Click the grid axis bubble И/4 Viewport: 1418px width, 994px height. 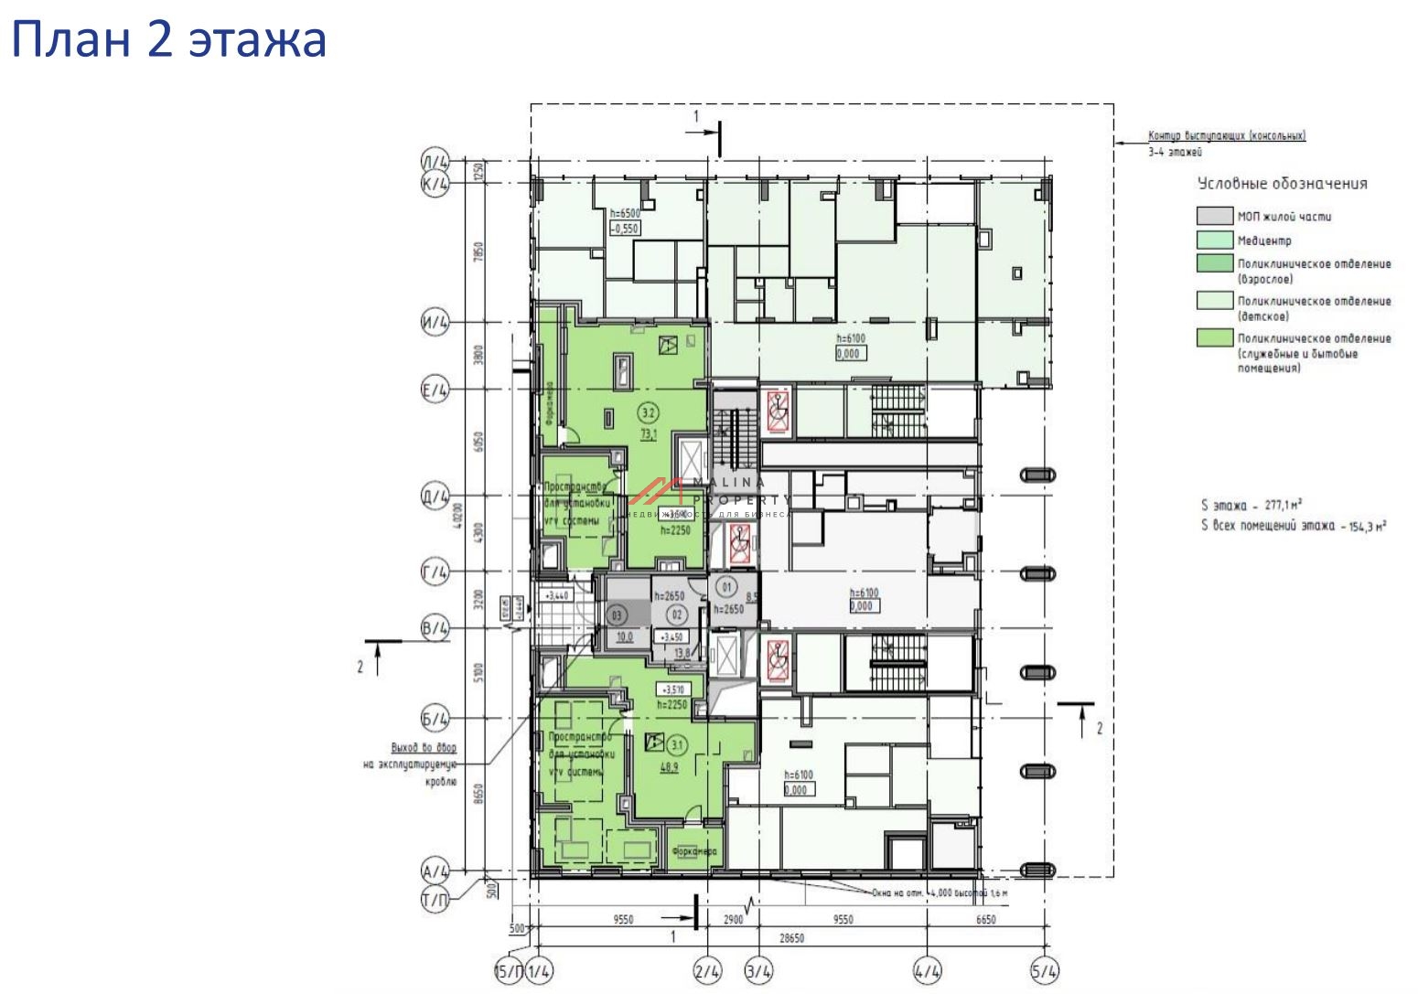pos(435,323)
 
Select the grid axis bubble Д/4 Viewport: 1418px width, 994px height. pos(435,497)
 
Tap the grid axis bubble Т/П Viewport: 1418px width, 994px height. pos(435,901)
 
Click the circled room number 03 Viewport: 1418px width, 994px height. pos(617,615)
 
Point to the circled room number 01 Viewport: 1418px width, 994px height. pos(728,585)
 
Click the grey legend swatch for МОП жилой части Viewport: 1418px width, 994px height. pos(1214,217)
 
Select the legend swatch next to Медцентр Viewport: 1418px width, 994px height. pos(1214,240)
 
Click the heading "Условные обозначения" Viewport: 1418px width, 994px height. pos(1283,184)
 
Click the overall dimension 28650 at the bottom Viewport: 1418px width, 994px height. pos(792,938)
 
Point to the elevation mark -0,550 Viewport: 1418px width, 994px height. pos(624,229)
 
